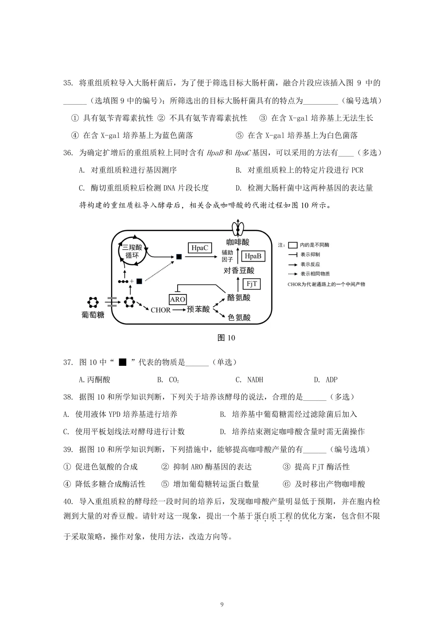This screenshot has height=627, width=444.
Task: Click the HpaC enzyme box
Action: [x=200, y=248]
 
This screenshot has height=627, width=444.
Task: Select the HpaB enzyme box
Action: [x=253, y=256]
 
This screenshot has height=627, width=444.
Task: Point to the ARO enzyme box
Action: [x=178, y=299]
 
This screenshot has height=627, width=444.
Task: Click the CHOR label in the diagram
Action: [x=160, y=310]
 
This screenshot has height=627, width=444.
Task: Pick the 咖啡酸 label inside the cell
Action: [x=238, y=242]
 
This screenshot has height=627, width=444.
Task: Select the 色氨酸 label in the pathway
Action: [x=239, y=317]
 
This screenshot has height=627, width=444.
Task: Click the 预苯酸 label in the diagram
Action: [x=198, y=309]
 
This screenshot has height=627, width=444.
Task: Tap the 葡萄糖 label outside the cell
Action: [x=93, y=315]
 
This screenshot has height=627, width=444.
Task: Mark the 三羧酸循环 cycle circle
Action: [x=132, y=251]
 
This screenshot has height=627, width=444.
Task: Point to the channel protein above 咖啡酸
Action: [x=237, y=227]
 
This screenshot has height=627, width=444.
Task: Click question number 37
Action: [x=68, y=362]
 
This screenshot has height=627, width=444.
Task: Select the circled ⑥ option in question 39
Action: [x=287, y=484]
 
